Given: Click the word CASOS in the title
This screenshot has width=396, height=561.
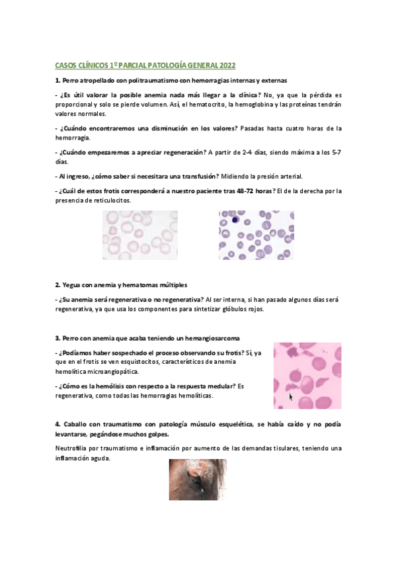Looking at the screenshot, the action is click(65, 67).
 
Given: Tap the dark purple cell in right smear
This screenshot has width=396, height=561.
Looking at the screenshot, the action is click(234, 217).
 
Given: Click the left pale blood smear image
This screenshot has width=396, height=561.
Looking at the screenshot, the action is click(140, 235).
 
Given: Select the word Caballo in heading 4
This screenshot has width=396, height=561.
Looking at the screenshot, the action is click(75, 423).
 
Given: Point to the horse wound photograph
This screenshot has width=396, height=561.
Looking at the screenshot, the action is click(197, 480).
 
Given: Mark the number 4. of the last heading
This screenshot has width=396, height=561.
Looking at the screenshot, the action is click(58, 423).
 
